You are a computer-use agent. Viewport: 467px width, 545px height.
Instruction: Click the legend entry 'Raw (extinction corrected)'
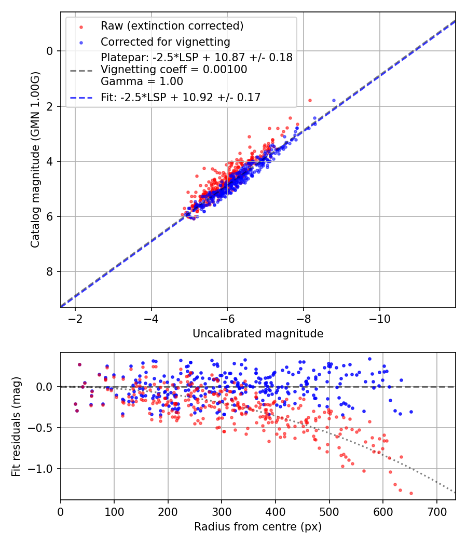tap(172, 26)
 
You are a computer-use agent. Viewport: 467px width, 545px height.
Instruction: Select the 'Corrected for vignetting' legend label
tap(166, 42)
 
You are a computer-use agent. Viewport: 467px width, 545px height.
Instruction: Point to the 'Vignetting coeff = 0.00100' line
tap(174, 70)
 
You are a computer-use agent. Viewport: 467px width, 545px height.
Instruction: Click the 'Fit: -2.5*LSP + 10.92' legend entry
tap(180, 97)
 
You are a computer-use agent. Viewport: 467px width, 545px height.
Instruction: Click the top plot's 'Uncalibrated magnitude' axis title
tap(258, 334)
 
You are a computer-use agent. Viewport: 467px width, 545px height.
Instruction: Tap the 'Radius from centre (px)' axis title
tap(258, 527)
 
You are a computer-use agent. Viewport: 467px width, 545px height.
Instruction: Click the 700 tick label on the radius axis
tap(436, 511)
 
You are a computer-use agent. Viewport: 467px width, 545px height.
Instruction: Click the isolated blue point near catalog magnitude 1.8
tap(334, 100)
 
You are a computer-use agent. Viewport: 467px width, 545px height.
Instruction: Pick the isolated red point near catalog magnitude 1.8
tap(310, 100)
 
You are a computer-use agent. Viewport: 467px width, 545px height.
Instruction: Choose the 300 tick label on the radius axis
tap(222, 511)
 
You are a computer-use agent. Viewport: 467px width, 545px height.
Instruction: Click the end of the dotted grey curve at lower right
tap(455, 492)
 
